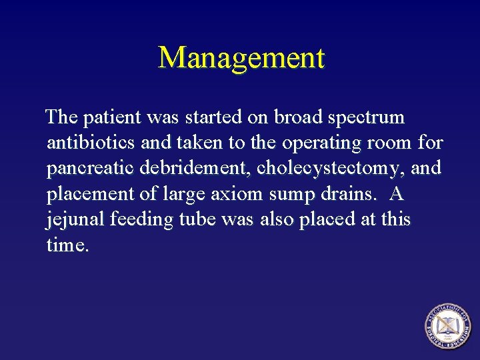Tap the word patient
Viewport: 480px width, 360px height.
tap(108, 118)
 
